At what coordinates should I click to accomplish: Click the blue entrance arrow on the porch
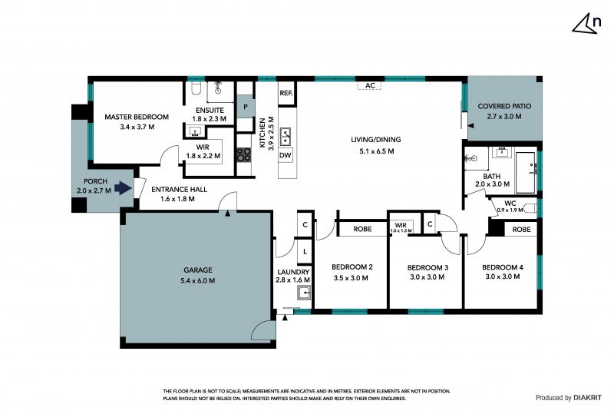[x=123, y=188]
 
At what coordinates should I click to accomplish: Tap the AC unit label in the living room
[x=370, y=85]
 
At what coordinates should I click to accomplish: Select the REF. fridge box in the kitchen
[x=286, y=93]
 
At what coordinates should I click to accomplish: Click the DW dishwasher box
[x=286, y=155]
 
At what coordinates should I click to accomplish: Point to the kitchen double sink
[x=286, y=136]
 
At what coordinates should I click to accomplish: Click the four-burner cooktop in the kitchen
[x=243, y=154]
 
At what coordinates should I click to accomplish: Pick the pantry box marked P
[x=246, y=106]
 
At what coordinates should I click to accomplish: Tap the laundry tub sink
[x=304, y=293]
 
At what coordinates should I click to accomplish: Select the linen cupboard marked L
[x=305, y=252]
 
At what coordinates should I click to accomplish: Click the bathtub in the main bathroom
[x=526, y=173]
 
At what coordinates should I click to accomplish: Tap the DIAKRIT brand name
[x=587, y=398]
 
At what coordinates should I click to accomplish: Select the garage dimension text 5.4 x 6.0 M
[x=198, y=280]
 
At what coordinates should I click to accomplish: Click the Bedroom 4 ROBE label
[x=522, y=230]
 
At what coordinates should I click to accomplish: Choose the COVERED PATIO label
[x=504, y=106]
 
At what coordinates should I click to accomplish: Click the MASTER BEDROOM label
[x=137, y=117]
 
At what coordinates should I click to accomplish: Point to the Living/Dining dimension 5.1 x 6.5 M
[x=377, y=151]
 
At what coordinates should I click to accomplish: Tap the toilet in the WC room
[x=530, y=208]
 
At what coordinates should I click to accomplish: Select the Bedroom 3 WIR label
[x=401, y=225]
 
